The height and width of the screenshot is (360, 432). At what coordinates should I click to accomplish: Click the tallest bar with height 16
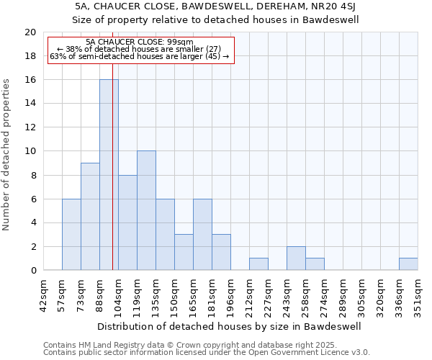pyautogui.click(x=109, y=175)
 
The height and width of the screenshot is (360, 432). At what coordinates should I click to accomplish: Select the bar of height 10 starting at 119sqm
pyautogui.click(x=146, y=210)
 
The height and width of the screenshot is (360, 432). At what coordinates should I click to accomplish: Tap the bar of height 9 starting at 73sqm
pyautogui.click(x=90, y=217)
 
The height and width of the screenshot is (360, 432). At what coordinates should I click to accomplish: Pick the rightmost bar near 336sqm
pyautogui.click(x=408, y=264)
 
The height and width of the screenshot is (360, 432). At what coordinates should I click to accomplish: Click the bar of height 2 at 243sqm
pyautogui.click(x=296, y=258)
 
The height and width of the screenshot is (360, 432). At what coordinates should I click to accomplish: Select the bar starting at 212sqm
pyautogui.click(x=258, y=264)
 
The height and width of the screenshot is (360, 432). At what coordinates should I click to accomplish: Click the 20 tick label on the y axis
pyautogui.click(x=30, y=32)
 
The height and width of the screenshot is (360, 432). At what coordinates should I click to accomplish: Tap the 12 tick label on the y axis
pyautogui.click(x=30, y=127)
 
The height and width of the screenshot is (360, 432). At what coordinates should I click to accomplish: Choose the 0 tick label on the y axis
pyautogui.click(x=32, y=271)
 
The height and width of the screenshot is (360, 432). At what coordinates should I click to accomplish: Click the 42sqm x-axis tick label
pyautogui.click(x=44, y=293)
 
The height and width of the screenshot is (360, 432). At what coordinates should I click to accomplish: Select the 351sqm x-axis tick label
pyautogui.click(x=418, y=293)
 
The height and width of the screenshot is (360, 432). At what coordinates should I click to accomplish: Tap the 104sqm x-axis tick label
pyautogui.click(x=119, y=293)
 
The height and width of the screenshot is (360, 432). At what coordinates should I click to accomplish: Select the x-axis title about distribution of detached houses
pyautogui.click(x=230, y=326)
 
